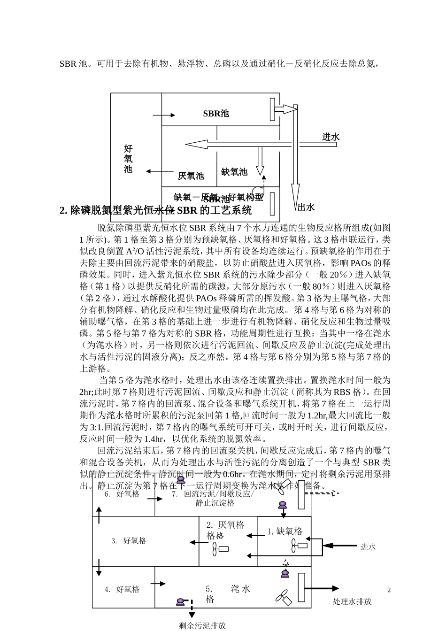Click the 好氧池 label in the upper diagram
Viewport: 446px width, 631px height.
tap(128, 159)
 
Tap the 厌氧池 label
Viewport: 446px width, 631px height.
tap(191, 176)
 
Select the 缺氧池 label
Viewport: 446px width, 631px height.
tap(234, 172)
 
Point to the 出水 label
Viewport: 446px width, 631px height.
tap(306, 207)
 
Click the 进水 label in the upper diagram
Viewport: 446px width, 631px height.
tap(331, 137)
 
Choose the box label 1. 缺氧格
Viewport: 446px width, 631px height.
tap(285, 531)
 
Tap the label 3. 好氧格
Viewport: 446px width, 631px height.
tap(129, 541)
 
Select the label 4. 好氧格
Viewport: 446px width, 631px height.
tap(122, 589)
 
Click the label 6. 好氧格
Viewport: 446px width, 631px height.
tap(122, 494)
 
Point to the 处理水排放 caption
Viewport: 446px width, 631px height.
tap(352, 601)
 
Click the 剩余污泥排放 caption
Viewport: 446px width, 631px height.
tap(202, 625)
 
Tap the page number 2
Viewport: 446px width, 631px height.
tap(389, 590)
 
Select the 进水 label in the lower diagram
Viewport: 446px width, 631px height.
tap(368, 547)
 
